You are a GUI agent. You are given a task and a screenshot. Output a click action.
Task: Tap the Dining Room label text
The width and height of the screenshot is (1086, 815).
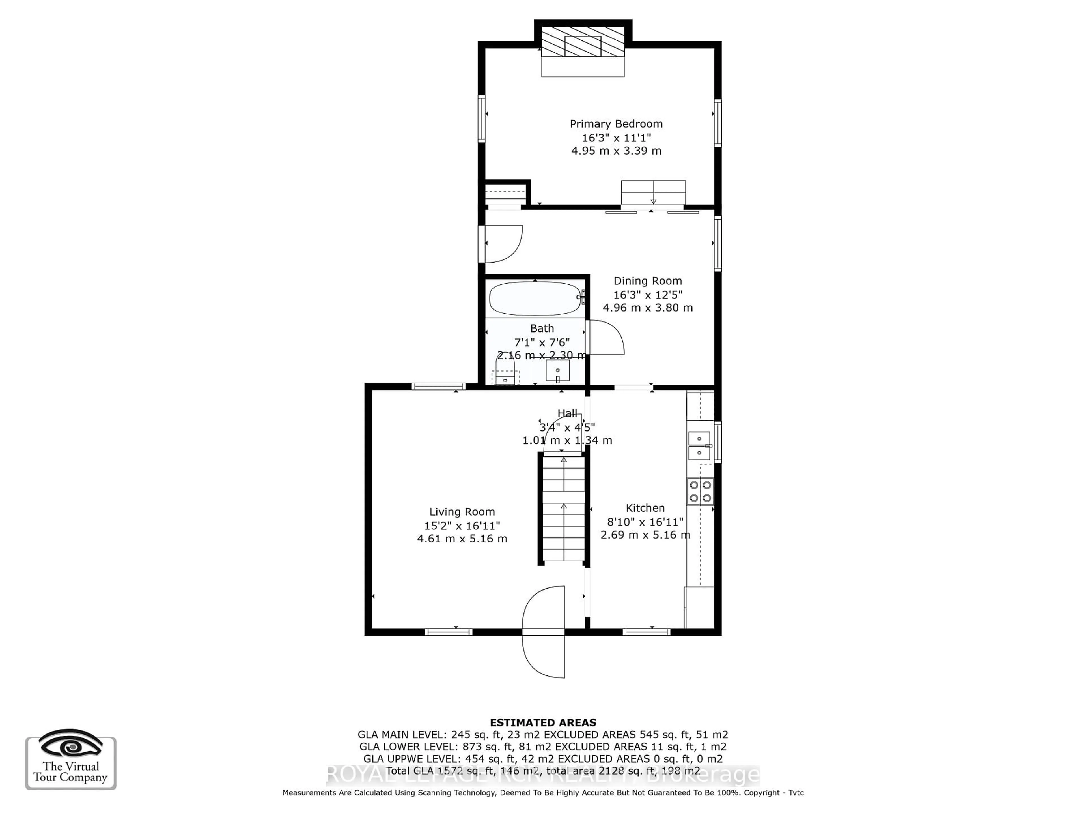coord(648,281)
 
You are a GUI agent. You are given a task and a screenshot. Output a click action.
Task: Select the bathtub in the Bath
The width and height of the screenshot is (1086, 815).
coord(535,298)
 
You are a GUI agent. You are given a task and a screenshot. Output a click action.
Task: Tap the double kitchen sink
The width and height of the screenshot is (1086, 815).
coord(699,446)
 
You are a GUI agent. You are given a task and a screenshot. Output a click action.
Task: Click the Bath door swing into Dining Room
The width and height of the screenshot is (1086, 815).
coord(606,338)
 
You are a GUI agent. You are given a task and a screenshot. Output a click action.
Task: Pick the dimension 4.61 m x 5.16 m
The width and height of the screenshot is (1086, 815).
coord(462,539)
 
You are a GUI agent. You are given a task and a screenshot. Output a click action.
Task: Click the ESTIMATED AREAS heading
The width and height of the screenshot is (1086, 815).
coord(543,723)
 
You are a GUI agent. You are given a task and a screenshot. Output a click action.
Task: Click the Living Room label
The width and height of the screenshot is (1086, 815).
coord(462,512)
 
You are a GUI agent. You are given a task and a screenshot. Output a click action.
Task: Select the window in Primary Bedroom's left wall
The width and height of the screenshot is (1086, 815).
coord(482,119)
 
